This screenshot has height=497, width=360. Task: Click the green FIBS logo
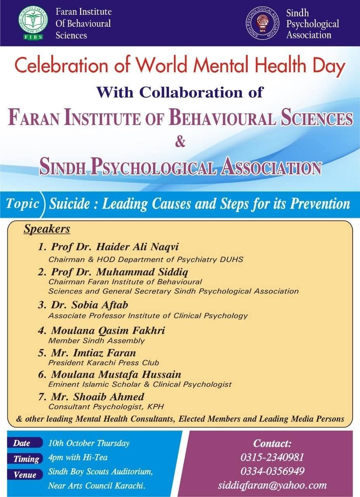point(33,23)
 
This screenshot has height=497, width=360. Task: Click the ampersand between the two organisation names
point(180,142)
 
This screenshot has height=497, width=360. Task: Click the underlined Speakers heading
point(47,229)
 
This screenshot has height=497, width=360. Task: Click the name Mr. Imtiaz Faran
point(93,353)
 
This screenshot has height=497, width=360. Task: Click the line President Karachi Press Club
point(104,363)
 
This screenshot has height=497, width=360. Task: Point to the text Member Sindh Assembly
point(96,341)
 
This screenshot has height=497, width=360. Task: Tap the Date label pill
point(22,443)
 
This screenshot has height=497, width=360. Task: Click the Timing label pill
point(26,459)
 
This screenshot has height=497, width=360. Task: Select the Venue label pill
point(25,474)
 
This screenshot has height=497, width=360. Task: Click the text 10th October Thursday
point(89,443)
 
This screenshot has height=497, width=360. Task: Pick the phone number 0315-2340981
point(272,457)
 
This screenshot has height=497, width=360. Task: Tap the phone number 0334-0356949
point(272,471)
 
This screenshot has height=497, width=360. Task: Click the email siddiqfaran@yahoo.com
point(272,485)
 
